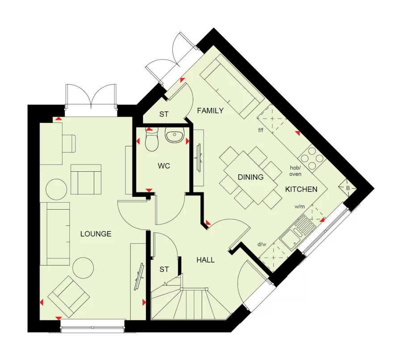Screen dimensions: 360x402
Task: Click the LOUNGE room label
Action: pos(96,234)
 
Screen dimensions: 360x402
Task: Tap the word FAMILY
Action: pos(210,110)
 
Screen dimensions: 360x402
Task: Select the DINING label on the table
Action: pos(250,177)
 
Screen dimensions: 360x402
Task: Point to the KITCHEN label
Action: pos(301,189)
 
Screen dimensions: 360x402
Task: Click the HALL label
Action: pos(205,260)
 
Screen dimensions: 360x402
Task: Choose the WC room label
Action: pos(164,166)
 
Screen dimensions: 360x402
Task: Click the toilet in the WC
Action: pos(151,140)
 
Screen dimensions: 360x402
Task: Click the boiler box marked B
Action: pos(348,188)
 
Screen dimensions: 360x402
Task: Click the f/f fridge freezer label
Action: pos(261,131)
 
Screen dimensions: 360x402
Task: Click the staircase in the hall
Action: pos(188,302)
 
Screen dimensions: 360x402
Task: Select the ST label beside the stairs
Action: pos(164,269)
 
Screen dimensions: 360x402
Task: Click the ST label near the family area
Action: pos(164,114)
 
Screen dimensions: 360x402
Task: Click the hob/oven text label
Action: pos(295,170)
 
